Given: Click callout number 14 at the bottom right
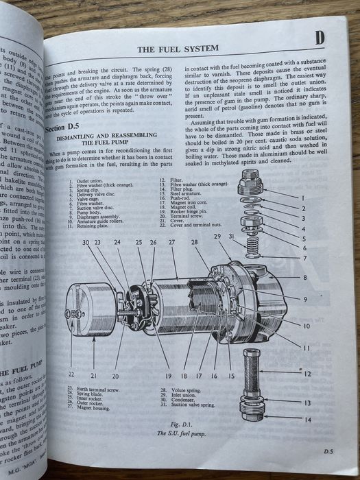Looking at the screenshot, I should click(x=306, y=419).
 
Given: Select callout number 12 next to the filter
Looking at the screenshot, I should click(x=308, y=374).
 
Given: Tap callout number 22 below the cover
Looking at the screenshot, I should click(x=71, y=375).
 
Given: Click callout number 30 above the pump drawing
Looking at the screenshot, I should click(x=86, y=243).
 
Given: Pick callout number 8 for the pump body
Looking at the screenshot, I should click(x=305, y=278).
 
